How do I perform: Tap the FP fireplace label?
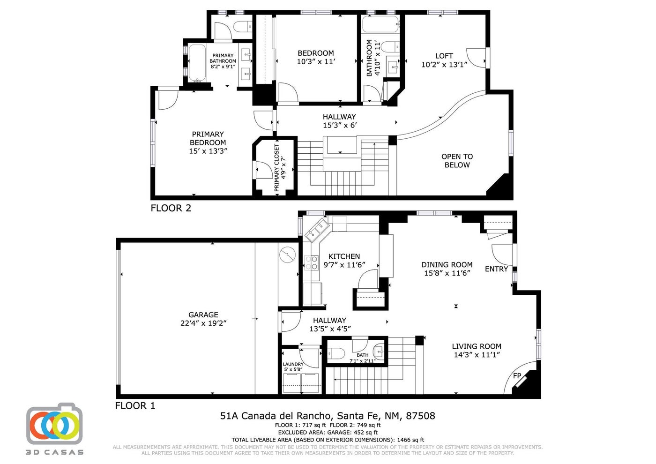517,375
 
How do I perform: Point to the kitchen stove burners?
311,262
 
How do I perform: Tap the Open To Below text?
457,160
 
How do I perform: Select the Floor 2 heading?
171,208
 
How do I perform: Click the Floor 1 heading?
135,406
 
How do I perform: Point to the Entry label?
496,269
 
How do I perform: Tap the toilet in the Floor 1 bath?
336,353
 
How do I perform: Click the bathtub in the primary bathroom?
197,63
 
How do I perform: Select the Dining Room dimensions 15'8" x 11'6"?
447,273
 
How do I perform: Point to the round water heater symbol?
288,255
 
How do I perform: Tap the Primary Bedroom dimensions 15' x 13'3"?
208,151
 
